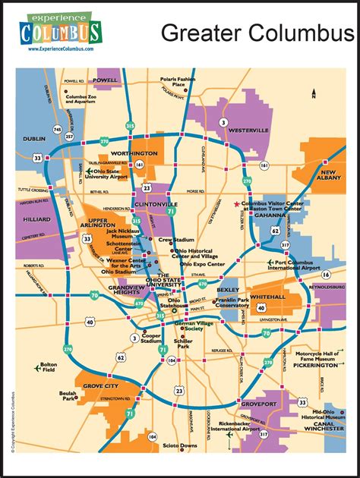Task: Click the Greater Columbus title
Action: [x=257, y=33]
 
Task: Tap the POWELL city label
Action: [x=106, y=80]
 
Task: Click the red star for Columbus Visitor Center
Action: [x=237, y=204]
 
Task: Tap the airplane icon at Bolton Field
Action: [x=37, y=368]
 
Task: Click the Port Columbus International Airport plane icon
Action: [x=270, y=263]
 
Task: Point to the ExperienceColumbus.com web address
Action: [x=61, y=49]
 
